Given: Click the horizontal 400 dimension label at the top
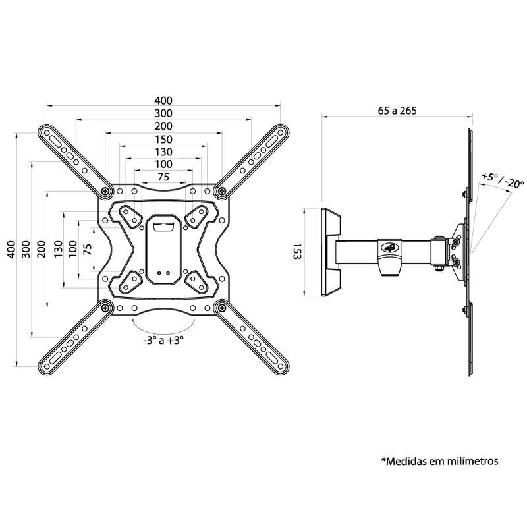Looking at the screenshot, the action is pyautogui.click(x=163, y=101).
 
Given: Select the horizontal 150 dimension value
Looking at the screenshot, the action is pyautogui.click(x=163, y=139).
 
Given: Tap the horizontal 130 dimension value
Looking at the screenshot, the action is pyautogui.click(x=163, y=152).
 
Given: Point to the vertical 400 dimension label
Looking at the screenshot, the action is pyautogui.click(x=11, y=250).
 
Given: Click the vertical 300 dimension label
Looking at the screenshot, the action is pyautogui.click(x=26, y=250).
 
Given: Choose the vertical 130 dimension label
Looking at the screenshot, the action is pyautogui.click(x=58, y=250).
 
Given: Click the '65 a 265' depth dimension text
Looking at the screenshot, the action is pyautogui.click(x=397, y=111).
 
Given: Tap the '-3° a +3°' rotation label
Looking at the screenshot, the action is pyautogui.click(x=163, y=341).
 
